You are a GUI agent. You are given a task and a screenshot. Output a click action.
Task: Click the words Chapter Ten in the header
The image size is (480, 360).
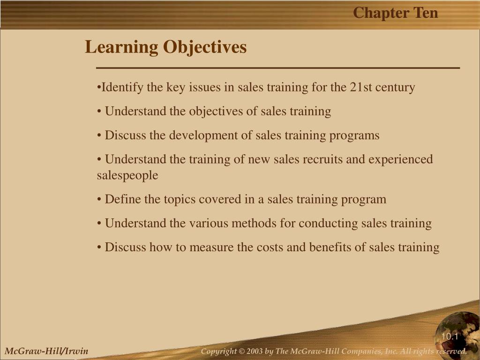pos(395,13)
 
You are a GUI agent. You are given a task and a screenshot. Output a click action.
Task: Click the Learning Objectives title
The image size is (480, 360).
pos(165,47)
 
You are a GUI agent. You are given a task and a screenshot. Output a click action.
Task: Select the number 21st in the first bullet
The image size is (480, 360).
pos(361,87)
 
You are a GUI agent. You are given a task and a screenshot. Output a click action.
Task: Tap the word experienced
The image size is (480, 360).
pos(400,160)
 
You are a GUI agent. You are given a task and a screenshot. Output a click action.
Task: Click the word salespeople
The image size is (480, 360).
pos(127,176)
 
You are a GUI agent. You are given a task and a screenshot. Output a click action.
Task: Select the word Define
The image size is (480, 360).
pos(123,199)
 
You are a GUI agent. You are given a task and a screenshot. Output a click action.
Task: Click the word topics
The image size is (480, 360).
pos(180,200)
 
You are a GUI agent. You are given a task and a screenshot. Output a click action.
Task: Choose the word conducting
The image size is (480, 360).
pos(328,224)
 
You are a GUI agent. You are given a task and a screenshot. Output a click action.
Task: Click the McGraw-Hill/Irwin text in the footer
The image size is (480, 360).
pos(46,351)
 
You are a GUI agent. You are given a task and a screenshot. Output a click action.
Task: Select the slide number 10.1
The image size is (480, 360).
pos(450,337)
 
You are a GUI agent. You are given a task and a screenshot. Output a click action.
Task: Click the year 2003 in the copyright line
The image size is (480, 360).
pos(255,351)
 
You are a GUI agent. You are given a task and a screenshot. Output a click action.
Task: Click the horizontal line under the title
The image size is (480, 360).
pos(278,67)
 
